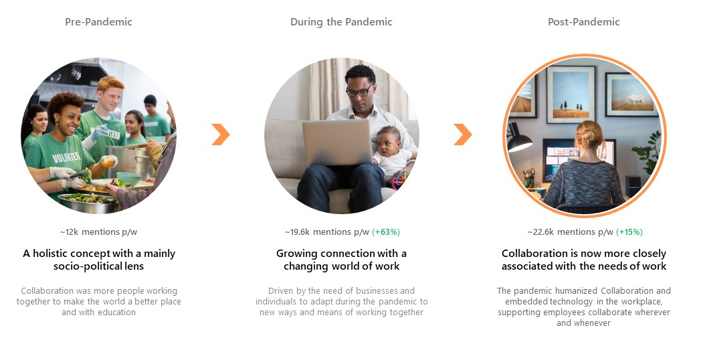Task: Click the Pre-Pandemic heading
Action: coord(98,21)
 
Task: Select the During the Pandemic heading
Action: coord(341,21)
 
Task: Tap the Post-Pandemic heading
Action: coord(583,21)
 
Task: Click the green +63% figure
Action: coord(386,232)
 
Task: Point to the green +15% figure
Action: coord(629,232)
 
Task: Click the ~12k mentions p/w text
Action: coord(98,232)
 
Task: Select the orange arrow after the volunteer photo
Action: coord(221,134)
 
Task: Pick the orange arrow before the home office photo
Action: coord(463,134)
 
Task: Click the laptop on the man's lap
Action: coord(337,142)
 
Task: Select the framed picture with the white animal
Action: coord(631,95)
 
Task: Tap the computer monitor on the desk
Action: coord(579,157)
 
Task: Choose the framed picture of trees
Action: coord(571,94)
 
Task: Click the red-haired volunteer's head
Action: coord(110,92)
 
